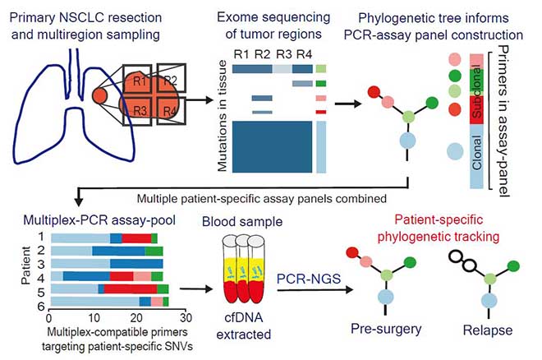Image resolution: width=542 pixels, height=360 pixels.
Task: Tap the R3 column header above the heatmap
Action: tap(282, 54)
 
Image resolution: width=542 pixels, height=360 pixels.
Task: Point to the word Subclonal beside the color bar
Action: tap(476, 99)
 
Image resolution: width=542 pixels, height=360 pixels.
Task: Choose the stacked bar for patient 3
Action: tap(107, 263)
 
